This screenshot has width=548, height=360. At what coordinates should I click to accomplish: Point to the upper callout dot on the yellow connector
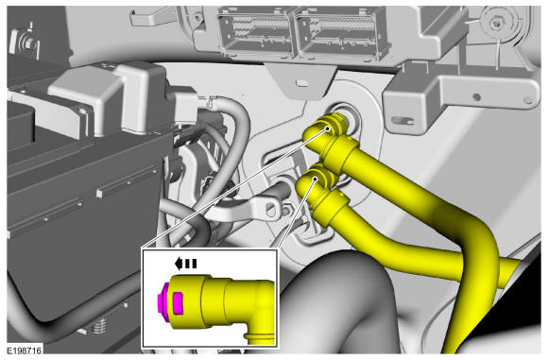point(328,129)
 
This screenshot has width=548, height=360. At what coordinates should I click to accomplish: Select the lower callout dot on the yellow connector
point(316,179)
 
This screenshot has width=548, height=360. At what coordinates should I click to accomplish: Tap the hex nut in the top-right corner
point(494,24)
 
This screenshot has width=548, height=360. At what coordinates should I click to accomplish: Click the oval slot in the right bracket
point(402,121)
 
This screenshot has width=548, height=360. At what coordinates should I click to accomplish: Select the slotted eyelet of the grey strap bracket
point(270,209)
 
